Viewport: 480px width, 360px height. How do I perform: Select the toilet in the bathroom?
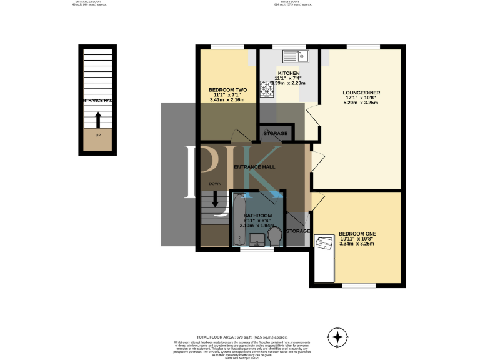(273, 236)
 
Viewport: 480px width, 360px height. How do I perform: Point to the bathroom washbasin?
(256, 239)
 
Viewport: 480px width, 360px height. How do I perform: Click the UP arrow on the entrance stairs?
(97, 119)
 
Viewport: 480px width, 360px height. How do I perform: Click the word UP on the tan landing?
(98, 135)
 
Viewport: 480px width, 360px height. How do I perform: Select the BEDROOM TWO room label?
(227, 90)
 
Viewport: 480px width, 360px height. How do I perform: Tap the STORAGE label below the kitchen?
(276, 134)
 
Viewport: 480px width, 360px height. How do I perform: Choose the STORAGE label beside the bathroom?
(298, 231)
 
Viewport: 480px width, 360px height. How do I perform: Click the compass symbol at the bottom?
(338, 337)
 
